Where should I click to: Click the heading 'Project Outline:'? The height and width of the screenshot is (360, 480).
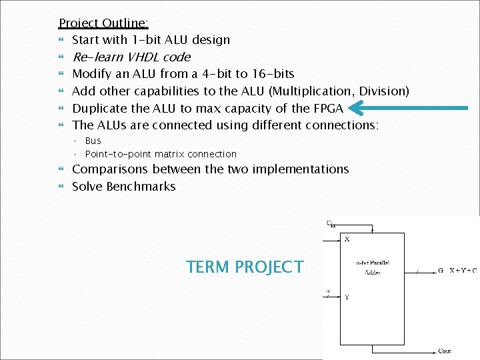click(103, 23)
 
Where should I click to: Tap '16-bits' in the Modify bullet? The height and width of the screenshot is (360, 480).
click(271, 74)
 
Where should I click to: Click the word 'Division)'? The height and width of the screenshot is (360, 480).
click(385, 91)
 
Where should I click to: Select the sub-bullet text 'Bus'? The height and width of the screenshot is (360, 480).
click(93, 141)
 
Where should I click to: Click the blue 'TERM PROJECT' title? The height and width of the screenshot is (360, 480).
click(245, 267)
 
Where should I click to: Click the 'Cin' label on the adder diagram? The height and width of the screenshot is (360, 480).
click(331, 224)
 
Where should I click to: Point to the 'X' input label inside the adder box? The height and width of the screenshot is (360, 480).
click(347, 239)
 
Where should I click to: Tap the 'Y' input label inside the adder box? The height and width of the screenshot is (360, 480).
click(347, 297)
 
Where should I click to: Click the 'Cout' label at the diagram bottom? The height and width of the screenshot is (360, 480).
click(445, 351)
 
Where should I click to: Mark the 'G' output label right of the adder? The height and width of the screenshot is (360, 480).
click(440, 270)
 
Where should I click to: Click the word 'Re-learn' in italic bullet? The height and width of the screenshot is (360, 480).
click(95, 57)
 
